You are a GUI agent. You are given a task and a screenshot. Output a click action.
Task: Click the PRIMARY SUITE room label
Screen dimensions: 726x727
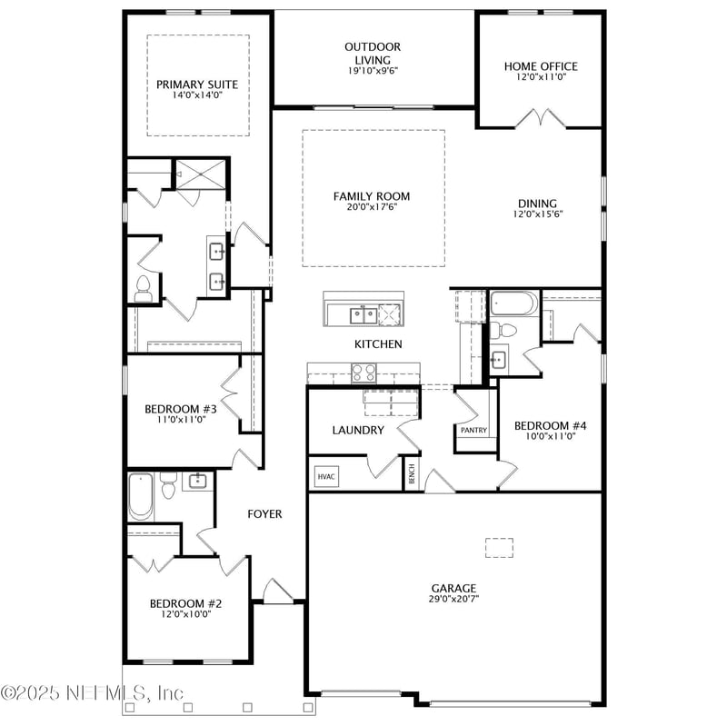pos(196,85)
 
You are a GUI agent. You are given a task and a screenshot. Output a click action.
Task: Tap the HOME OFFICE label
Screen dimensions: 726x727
pos(541,66)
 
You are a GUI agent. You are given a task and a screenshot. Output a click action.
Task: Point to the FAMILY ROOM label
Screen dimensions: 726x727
pos(372,196)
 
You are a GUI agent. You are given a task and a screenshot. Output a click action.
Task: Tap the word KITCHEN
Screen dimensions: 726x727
pos(378,344)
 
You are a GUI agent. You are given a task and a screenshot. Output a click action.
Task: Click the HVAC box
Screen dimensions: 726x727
pos(325,476)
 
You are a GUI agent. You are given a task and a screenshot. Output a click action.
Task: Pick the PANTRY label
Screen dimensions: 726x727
pos(473,431)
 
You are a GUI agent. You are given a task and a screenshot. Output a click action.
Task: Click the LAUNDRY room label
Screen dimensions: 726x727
pos(358,430)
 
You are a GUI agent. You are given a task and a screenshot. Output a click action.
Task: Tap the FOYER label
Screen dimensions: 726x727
pos(264,514)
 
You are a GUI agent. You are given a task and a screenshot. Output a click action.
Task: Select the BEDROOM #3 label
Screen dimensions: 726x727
pos(180,409)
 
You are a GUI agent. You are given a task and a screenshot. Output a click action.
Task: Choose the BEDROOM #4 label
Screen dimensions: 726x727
pos(551,425)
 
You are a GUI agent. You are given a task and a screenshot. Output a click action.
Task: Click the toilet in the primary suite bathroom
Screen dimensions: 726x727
pos(143,289)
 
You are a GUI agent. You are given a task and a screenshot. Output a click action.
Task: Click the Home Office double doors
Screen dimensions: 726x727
pos(540,118)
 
